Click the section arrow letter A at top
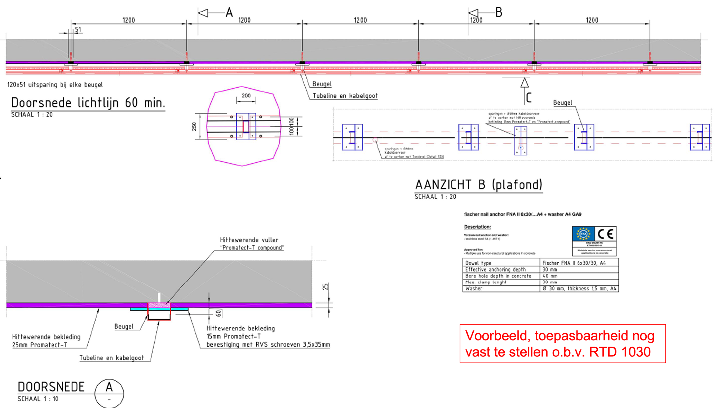coord(229,13)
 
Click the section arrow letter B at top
coord(499,13)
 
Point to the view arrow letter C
coord(529,98)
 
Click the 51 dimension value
coord(78,30)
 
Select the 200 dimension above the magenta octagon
coord(246,96)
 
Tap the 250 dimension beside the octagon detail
coord(194,127)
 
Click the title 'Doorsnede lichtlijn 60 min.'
coord(88,103)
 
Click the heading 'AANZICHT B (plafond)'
coord(478,185)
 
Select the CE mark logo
coord(605,234)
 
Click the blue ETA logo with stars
coord(583,234)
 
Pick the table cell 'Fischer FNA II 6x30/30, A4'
coord(574,263)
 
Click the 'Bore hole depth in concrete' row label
coord(498,276)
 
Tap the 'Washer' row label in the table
coord(474,289)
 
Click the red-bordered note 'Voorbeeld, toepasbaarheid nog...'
coord(562,343)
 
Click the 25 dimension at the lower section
coord(325,287)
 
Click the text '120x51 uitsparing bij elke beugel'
coord(55,85)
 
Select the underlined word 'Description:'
coord(477,227)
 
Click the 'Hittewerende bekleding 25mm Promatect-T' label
coord(46,341)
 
